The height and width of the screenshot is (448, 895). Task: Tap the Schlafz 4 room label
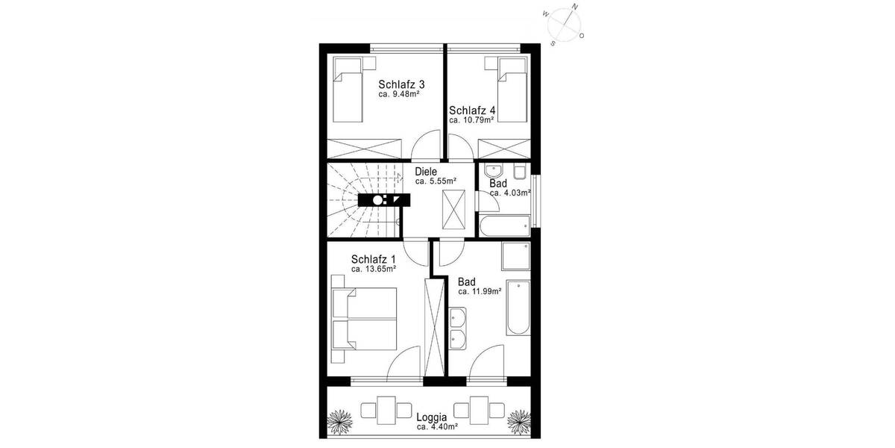pos(472,110)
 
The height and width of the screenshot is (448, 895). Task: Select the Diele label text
pos(426,172)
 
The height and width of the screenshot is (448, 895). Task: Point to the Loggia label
pos(432,417)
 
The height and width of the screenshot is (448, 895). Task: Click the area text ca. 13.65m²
pos(373,269)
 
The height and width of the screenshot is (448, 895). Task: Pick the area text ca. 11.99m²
pos(480,291)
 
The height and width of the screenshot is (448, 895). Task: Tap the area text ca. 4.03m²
pos(510,193)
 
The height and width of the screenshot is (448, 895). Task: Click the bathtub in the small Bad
pos(505,225)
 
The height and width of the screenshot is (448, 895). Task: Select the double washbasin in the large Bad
pos(458,329)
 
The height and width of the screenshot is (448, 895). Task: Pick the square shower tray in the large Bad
pos(515,256)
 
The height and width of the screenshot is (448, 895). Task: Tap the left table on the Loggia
pos(386,410)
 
